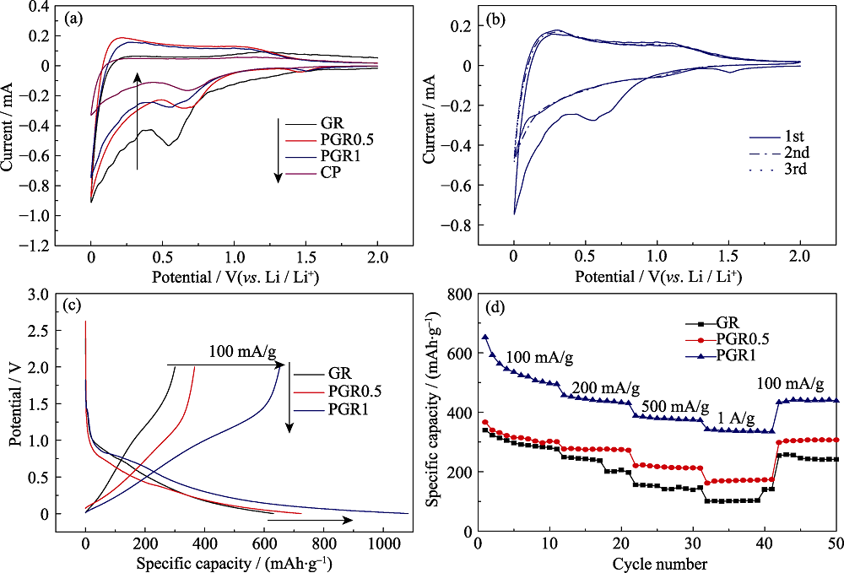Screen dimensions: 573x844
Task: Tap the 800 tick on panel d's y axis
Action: click(x=458, y=294)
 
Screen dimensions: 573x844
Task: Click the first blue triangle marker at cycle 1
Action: click(x=485, y=338)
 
